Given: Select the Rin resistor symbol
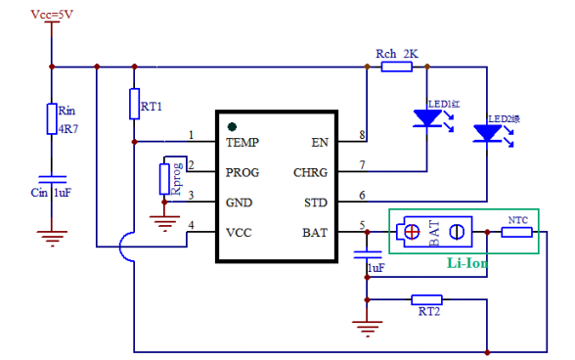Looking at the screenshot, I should (53, 119).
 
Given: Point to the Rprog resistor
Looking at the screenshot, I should (166, 179).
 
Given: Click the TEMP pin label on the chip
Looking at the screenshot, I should (243, 142).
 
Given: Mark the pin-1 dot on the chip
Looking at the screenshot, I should (232, 126).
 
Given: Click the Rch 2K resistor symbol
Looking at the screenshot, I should (396, 67).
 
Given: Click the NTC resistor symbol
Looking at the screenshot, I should (517, 232).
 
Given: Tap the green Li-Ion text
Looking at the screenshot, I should (467, 263).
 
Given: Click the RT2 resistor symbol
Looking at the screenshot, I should (426, 299).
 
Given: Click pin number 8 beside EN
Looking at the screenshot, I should (363, 134).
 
